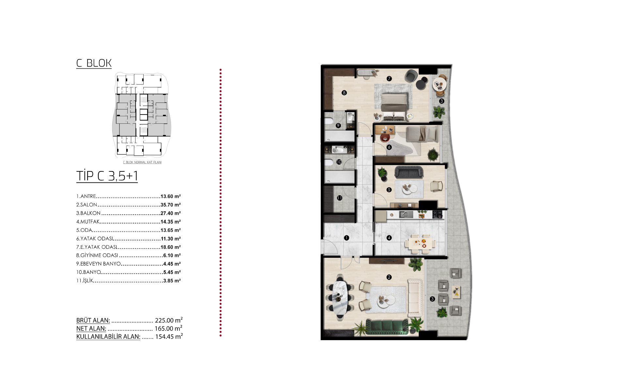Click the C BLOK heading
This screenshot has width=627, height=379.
(x=94, y=63)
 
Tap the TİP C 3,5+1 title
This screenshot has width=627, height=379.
(x=107, y=176)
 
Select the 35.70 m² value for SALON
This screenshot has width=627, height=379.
(x=171, y=205)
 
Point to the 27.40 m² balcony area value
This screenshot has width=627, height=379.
(x=171, y=213)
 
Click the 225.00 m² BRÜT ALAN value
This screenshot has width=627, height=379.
(x=169, y=320)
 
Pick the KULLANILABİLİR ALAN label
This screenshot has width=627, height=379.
(x=108, y=337)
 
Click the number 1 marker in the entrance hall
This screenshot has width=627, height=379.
(x=347, y=238)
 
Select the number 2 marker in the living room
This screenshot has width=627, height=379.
(x=389, y=277)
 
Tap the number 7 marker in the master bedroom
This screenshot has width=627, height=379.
(x=389, y=78)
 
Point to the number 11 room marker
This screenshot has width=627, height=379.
(x=339, y=198)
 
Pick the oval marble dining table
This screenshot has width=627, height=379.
(x=339, y=298)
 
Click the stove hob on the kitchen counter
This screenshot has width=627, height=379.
(x=437, y=214)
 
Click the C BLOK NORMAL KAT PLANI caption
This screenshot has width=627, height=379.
(x=142, y=162)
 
